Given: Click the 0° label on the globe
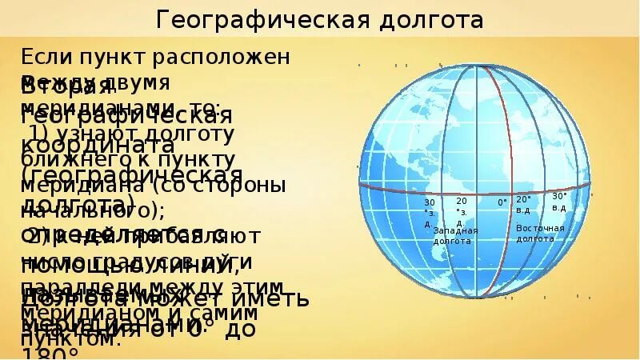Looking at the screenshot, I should point(502,202).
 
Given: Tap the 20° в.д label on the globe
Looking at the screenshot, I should point(523,204).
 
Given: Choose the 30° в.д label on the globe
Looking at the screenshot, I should point(559,202).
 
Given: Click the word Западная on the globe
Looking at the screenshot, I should point(455,231).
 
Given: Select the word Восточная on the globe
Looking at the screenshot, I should point(540,229).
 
